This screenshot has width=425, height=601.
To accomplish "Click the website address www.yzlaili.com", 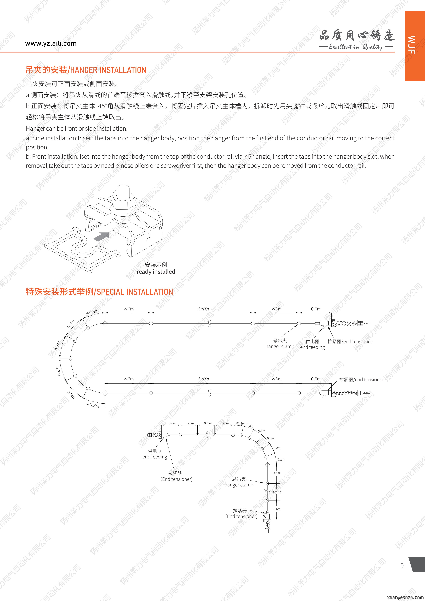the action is [x=51, y=44].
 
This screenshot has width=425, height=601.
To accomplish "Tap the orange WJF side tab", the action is [x=415, y=46].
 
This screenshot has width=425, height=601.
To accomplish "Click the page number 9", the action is [x=402, y=566].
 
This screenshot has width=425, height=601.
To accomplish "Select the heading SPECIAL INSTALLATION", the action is [x=135, y=292].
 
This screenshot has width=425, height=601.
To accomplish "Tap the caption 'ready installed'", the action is [x=156, y=272].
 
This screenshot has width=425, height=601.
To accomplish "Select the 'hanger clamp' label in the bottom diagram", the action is [x=239, y=485].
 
